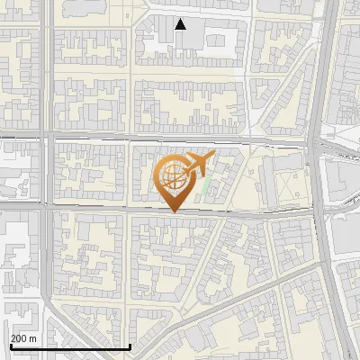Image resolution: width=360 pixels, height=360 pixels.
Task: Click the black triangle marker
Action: pos(181,24)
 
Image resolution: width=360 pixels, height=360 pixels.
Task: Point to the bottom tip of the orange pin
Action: pos(172,211)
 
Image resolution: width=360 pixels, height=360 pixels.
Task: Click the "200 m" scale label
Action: pos(23,338)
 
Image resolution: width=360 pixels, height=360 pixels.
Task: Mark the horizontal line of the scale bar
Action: pos(68,346)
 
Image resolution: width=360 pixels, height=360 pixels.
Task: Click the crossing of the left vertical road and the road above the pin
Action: pos(44,139)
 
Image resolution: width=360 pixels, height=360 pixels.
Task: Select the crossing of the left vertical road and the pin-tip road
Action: pos(44,206)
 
